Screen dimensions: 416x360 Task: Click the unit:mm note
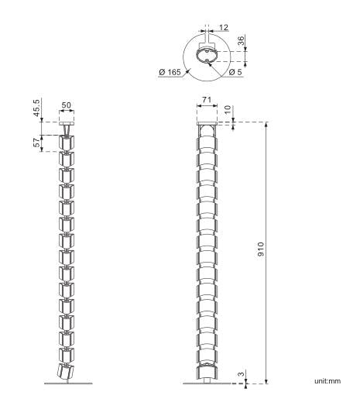coord(327,380)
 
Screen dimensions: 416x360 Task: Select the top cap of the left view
coord(67,124)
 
